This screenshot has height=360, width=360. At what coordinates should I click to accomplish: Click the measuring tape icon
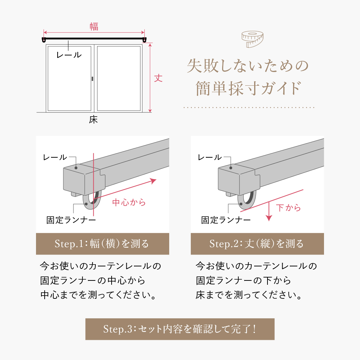(x=252, y=39)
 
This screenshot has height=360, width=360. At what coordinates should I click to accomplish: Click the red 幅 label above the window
(x=94, y=27)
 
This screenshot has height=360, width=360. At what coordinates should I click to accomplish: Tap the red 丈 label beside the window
(x=158, y=78)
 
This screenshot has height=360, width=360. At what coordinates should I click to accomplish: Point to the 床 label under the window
(x=94, y=120)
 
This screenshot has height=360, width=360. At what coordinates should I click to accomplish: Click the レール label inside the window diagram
(x=69, y=55)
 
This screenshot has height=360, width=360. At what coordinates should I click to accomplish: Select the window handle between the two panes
(x=92, y=79)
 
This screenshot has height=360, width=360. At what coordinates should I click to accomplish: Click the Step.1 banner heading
(x=102, y=244)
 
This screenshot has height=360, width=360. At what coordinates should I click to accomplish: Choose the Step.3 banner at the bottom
(x=180, y=329)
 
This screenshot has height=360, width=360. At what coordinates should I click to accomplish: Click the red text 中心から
(x=129, y=202)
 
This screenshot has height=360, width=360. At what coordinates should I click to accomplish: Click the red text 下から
(x=288, y=208)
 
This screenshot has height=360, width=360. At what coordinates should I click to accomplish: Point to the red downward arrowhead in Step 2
(x=269, y=218)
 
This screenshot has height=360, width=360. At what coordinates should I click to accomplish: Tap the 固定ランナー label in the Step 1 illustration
(x=71, y=220)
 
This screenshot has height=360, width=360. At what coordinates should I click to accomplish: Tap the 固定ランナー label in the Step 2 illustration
(x=226, y=220)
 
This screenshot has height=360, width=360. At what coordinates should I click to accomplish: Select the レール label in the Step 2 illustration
(x=210, y=157)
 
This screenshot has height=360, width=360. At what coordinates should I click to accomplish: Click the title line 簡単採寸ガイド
(x=248, y=88)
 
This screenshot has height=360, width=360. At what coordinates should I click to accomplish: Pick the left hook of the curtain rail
(x=44, y=40)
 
